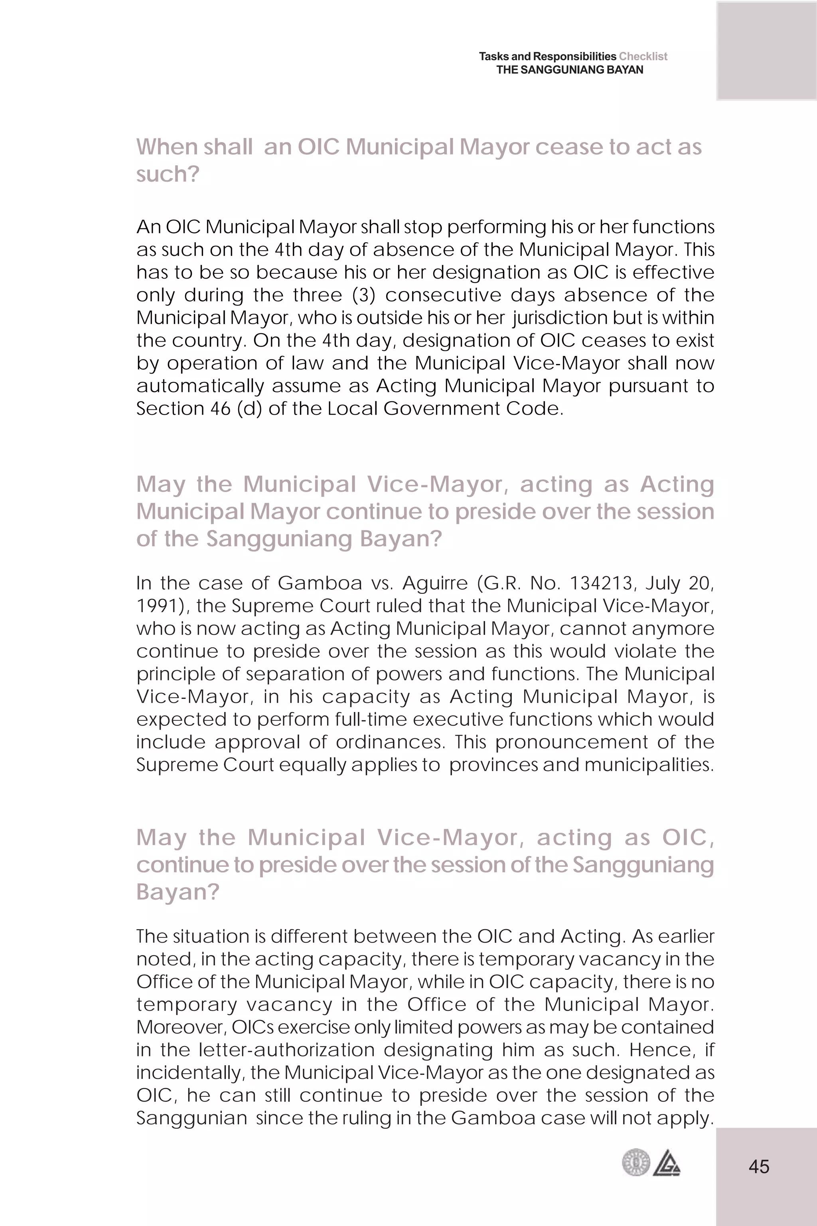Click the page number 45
coord(759,1167)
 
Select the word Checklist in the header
coord(643,56)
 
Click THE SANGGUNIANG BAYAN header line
coord(570,70)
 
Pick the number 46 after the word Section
coord(220,408)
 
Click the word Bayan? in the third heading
coord(178,892)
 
